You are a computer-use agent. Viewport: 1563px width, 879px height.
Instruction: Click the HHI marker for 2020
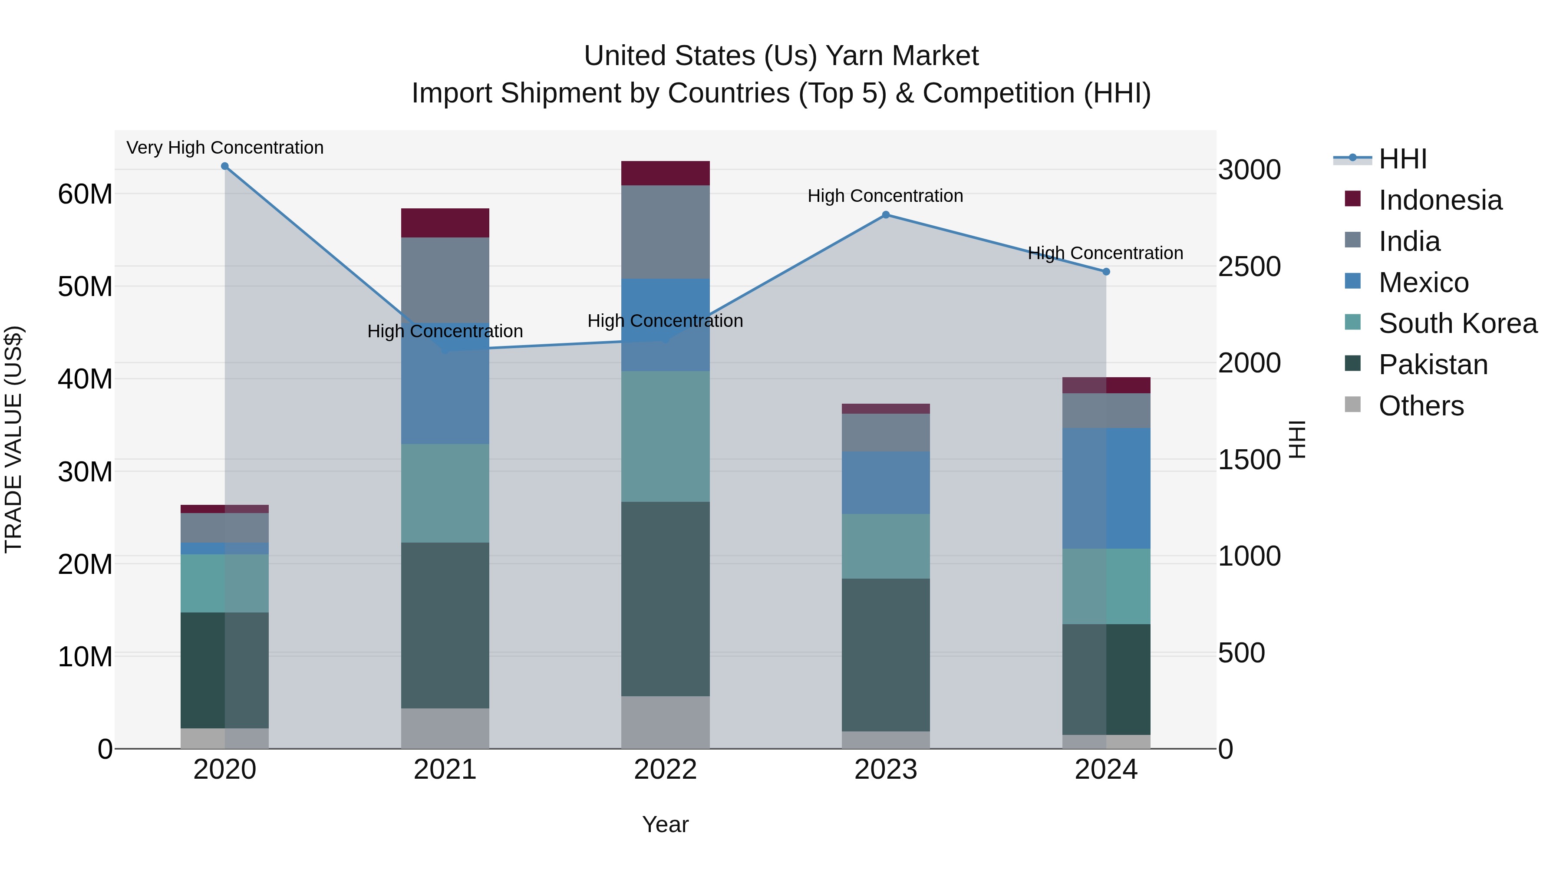pyautogui.click(x=224, y=166)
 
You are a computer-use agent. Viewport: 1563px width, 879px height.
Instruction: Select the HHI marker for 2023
pyautogui.click(x=885, y=215)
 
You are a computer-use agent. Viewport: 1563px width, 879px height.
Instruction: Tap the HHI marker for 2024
pyautogui.click(x=1105, y=272)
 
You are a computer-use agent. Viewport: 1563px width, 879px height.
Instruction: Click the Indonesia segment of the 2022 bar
pyautogui.click(x=665, y=174)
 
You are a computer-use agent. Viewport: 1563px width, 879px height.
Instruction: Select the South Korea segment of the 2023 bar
pyautogui.click(x=885, y=546)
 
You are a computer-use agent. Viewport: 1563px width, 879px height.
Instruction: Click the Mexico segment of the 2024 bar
pyautogui.click(x=1105, y=488)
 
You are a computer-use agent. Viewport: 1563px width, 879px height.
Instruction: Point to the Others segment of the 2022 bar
pyautogui.click(x=665, y=722)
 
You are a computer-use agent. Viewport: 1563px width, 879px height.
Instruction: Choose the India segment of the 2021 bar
pyautogui.click(x=445, y=279)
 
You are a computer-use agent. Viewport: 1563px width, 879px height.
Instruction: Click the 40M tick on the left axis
pyautogui.click(x=85, y=379)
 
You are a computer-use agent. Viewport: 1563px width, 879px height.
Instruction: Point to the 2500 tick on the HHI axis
pyautogui.click(x=1249, y=267)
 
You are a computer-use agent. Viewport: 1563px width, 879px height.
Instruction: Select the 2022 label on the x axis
pyautogui.click(x=665, y=770)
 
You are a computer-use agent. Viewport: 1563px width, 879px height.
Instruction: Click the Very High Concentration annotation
pyautogui.click(x=224, y=148)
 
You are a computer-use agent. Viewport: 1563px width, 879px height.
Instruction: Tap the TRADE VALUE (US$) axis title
pyautogui.click(x=13, y=439)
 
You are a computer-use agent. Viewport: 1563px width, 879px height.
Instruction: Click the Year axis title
pyautogui.click(x=665, y=824)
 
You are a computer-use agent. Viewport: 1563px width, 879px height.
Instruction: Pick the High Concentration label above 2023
pyautogui.click(x=885, y=196)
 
